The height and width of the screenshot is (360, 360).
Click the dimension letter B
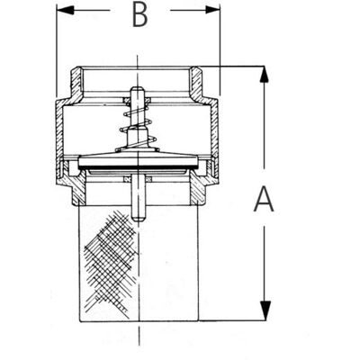[x=140, y=15]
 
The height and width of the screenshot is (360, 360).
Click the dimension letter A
[x=264, y=199]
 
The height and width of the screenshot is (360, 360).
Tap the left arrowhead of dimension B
[x=66, y=10]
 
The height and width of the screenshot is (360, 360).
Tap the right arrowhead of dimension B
[x=211, y=10]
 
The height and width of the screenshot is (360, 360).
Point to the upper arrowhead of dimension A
[x=264, y=74]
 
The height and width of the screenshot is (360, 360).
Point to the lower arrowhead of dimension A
[x=264, y=310]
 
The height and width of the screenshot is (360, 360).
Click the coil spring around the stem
[x=137, y=125]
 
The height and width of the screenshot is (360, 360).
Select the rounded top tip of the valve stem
[x=137, y=89]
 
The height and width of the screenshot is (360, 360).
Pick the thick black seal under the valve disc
[x=138, y=167]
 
